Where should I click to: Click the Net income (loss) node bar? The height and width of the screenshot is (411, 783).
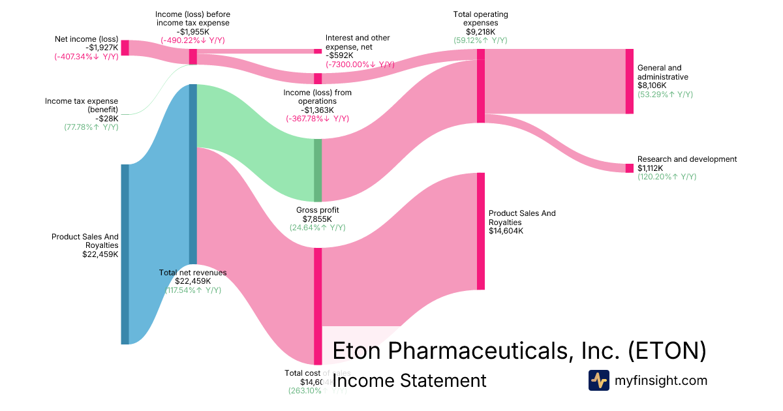[x=125, y=48]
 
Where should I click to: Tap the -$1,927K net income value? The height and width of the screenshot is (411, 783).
[x=102, y=48]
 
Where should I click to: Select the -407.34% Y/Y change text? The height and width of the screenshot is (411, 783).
[x=86, y=57]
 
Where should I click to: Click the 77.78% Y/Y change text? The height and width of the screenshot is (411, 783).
[x=87, y=127]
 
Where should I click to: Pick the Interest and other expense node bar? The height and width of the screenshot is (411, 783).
[x=318, y=51]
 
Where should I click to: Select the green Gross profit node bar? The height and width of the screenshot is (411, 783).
[x=318, y=170]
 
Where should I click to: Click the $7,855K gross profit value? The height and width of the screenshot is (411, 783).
[x=317, y=219]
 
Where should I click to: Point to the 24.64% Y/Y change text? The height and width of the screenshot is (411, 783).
[x=317, y=228]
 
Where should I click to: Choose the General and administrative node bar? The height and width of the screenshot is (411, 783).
[x=629, y=81]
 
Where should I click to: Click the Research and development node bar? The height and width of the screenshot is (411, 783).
[x=629, y=168]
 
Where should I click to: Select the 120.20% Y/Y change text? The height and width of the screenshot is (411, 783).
[x=667, y=177]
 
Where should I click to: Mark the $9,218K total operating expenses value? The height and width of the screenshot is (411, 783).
[x=480, y=31]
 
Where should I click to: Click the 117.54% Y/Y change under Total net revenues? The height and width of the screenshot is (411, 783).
[x=193, y=290]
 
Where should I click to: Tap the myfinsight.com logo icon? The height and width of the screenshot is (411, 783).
[x=598, y=380]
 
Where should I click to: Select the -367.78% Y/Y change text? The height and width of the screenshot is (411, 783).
[x=317, y=119]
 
